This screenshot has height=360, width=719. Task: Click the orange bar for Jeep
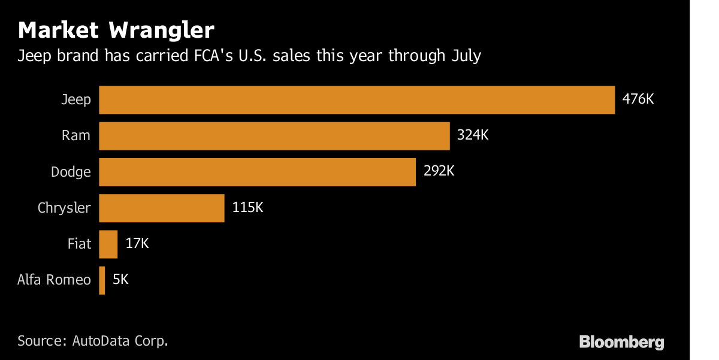[357, 100]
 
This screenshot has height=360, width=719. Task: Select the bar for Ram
[274, 136]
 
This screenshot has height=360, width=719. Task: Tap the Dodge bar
[257, 172]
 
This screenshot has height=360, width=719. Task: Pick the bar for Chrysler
[161, 208]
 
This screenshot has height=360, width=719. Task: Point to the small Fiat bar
[108, 244]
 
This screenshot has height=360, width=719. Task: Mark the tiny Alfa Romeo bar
[102, 280]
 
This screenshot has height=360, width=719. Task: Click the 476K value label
[638, 99]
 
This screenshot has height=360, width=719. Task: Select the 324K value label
[473, 135]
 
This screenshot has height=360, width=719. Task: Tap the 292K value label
[439, 171]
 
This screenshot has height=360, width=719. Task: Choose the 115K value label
[247, 207]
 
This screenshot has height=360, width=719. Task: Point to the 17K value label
[137, 243]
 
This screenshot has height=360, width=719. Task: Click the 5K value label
[120, 279]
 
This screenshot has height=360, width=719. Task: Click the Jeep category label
[76, 99]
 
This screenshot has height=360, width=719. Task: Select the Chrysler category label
[64, 208]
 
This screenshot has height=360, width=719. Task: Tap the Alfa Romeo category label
[55, 279]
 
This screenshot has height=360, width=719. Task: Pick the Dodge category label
[71, 172]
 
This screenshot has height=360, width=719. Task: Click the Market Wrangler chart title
[116, 30]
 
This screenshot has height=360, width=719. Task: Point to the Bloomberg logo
[621, 342]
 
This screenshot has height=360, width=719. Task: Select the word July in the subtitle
[464, 56]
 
